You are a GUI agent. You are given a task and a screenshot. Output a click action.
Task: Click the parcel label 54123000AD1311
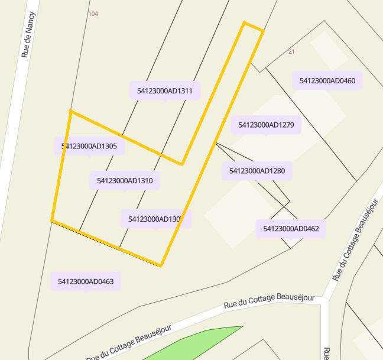coord(165,91)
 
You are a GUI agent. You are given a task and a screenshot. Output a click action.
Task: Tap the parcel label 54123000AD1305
coord(89,146)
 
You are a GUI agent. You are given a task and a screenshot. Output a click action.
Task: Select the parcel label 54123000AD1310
coord(125,180)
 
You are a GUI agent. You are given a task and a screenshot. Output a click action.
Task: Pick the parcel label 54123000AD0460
coord(327,80)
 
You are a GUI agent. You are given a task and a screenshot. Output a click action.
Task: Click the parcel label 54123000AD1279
coord(266,125)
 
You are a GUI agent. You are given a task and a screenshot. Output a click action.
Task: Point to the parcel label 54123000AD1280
coord(257,171)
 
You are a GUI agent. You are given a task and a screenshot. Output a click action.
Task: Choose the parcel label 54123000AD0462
coord(291,229)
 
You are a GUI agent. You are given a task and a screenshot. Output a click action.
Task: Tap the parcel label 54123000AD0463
coord(86,281)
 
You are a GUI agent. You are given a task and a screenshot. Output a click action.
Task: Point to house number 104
coord(93,13)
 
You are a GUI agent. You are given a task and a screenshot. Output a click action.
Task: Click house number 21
coord(291,52)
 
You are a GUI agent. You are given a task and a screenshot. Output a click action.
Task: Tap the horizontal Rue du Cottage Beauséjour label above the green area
coord(269,301)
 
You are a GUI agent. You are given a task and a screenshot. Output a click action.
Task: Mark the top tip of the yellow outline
coord(245,24)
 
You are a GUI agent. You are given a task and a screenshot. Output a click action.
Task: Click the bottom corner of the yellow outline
coord(161,265)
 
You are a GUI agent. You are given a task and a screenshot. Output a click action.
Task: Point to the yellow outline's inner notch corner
coord(181,164)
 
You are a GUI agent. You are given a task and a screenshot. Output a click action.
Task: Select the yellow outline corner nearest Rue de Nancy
coord(70,111)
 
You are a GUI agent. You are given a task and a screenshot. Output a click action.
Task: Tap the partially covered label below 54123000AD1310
coord(155,219)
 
